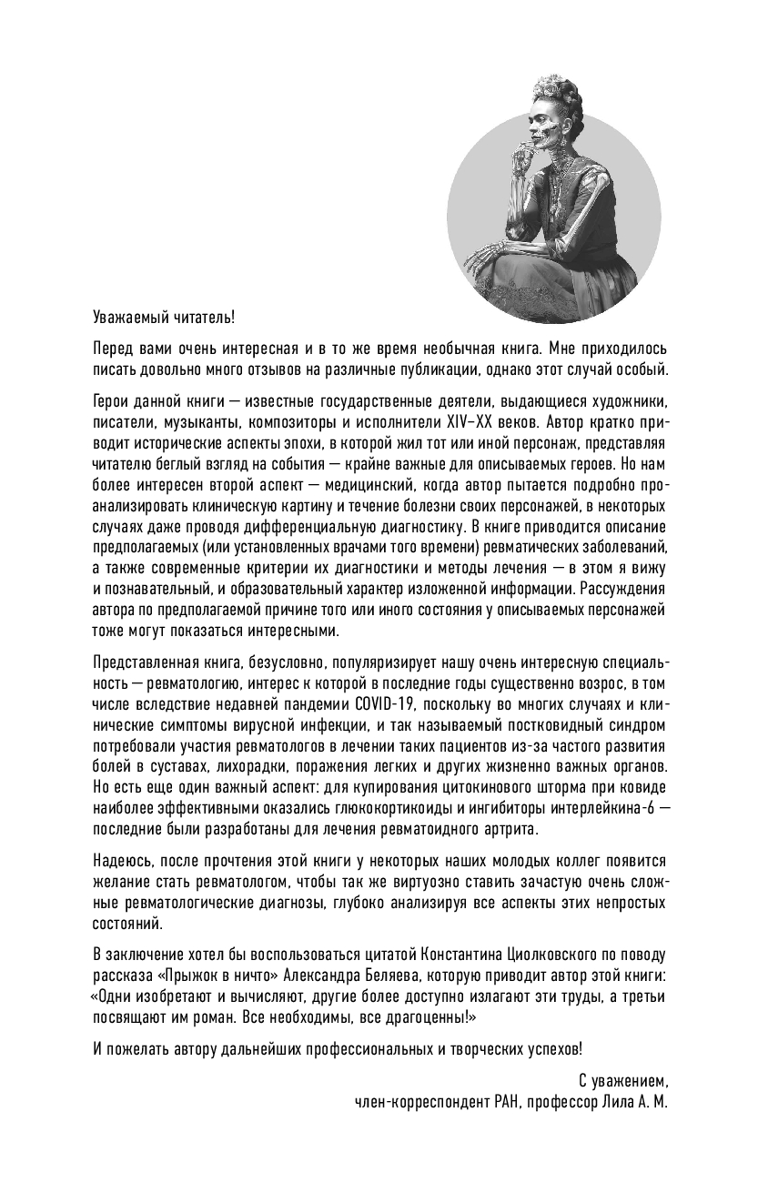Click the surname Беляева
pyautogui.click(x=364, y=975)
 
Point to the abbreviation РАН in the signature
pyautogui.click(x=494, y=1100)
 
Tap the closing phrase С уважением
pyautogui.click(x=624, y=1080)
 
